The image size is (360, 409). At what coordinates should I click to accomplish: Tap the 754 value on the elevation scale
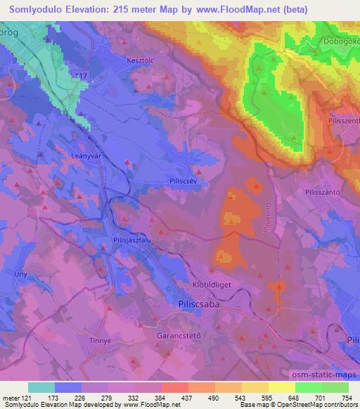click(346, 398)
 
